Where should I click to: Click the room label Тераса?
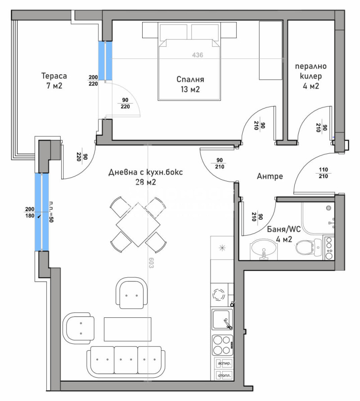point(52,75)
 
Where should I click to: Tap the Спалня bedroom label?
point(190,80)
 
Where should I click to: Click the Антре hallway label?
point(270,176)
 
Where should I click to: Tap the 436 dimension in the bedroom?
point(198,55)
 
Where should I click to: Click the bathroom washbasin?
point(262,249)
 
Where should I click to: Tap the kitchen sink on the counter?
point(222,321)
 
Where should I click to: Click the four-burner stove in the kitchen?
point(222,345)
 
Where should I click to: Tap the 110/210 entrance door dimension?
point(323,173)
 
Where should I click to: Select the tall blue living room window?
point(41,211)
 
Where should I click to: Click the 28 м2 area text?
point(145,182)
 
